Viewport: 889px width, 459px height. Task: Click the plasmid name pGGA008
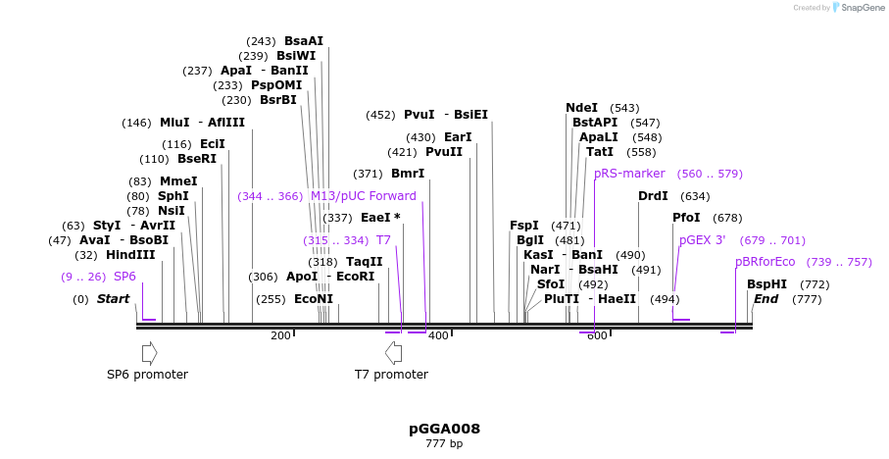pos(444,429)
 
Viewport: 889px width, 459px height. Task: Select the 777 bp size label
pos(444,443)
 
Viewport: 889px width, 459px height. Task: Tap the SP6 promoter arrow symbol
pos(149,352)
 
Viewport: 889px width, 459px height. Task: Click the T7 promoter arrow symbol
pos(393,352)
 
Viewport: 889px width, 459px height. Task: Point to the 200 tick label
pos(280,335)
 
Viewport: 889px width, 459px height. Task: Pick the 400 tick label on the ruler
pos(438,335)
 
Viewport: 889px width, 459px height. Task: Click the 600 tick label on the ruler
pos(596,335)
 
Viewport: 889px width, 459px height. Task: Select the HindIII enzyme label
pos(130,255)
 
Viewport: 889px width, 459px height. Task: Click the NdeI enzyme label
pos(581,108)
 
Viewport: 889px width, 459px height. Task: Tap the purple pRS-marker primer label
pos(629,174)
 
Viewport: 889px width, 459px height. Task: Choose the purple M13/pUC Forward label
pos(363,196)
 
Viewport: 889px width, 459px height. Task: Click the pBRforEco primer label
pos(766,262)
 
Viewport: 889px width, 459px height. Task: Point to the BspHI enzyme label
pos(766,284)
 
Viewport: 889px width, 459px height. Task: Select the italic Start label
pos(113,299)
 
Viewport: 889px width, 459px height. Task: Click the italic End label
pos(766,299)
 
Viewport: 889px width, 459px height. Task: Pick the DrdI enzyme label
pos(653,196)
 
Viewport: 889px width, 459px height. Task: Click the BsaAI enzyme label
pos(304,41)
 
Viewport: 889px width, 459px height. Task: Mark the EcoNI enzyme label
pos(314,299)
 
